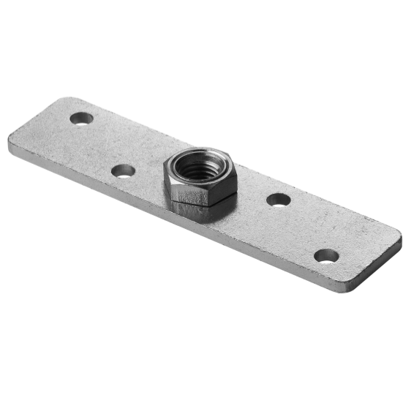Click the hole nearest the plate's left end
(82, 118)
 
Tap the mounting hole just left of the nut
(123, 171)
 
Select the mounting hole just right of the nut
(278, 199)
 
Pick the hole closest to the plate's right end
(326, 255)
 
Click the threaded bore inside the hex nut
(197, 165)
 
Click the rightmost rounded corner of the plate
(399, 238)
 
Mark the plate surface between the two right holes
(302, 227)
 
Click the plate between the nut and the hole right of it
(252, 194)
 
